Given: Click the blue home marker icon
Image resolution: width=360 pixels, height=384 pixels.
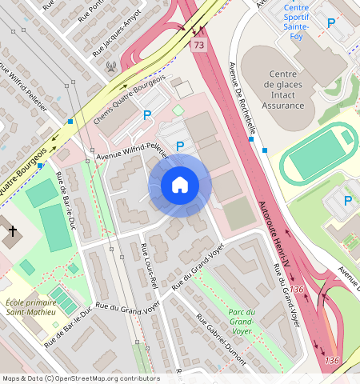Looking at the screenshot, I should [x=180, y=186].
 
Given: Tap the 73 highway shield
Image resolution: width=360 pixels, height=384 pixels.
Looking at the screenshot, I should [x=198, y=46].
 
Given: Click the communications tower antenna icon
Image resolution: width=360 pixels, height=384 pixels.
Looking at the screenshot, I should [x=110, y=67].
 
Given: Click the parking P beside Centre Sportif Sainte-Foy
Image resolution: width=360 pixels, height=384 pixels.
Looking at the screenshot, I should [x=330, y=24].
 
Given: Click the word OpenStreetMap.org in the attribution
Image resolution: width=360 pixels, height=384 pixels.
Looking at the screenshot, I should [x=93, y=378].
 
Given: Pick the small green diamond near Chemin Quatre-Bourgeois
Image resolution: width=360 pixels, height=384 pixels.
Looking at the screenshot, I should [x=178, y=109].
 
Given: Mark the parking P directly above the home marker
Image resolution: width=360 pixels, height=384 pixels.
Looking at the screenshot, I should [x=180, y=146].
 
